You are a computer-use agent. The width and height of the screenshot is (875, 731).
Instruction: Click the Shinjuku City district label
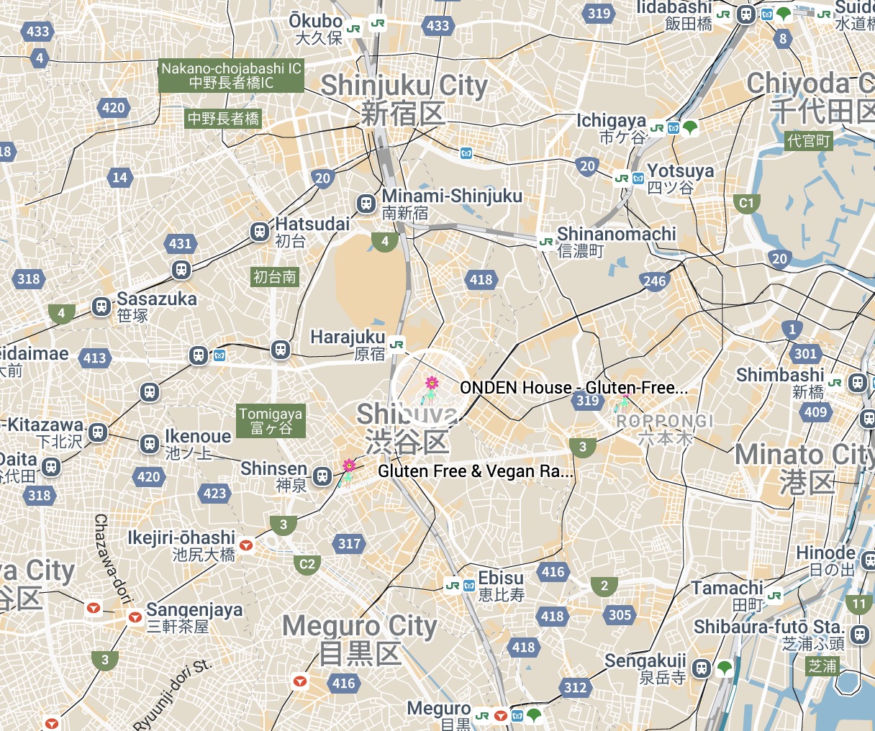coord(404,98)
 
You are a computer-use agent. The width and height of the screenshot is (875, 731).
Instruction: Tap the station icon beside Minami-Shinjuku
coord(366,203)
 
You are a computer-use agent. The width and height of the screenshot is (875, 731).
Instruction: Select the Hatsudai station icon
coord(259,232)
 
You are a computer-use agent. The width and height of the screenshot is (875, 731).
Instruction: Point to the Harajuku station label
coord(348,344)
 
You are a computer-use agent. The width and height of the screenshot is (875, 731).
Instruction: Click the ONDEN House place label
coord(573,388)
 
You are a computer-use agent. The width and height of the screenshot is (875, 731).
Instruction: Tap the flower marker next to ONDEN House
coord(431,384)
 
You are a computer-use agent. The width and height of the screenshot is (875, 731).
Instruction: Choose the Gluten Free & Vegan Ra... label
coord(476,472)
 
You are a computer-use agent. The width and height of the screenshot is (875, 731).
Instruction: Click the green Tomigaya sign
coord(271,421)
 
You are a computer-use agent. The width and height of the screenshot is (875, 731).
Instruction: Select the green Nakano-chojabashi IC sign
coord(231,76)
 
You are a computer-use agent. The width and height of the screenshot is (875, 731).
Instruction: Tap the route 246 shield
coord(654,281)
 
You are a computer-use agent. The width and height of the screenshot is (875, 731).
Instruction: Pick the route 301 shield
coord(805,353)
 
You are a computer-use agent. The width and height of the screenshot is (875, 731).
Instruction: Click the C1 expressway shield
coord(747,203)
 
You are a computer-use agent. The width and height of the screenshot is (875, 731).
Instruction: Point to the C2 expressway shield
coord(307,564)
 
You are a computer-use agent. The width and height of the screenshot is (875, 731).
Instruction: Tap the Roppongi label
coord(665,428)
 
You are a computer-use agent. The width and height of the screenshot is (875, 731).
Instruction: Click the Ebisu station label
coord(502,586)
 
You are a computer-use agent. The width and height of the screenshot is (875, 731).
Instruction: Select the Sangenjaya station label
coord(194,617)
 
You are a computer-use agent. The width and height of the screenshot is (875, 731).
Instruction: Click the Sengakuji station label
coord(645,668)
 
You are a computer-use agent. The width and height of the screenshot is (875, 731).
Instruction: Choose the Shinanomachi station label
coord(616,241)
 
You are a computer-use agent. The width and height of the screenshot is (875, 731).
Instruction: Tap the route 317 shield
coord(350,544)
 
